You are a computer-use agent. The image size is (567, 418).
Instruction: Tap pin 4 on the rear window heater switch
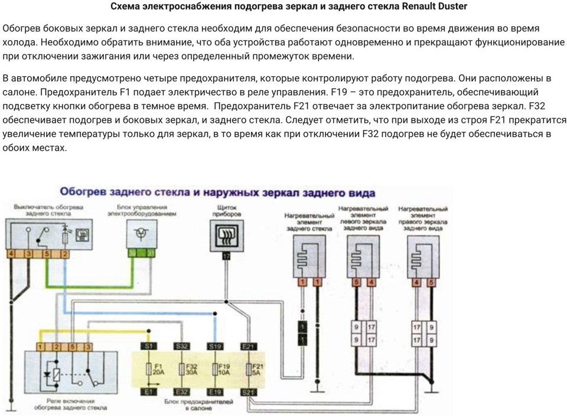pos(12,254)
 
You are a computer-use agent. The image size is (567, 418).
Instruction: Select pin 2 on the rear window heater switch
pos(65,254)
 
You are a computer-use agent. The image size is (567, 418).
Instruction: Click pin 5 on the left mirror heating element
pos(357,283)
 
